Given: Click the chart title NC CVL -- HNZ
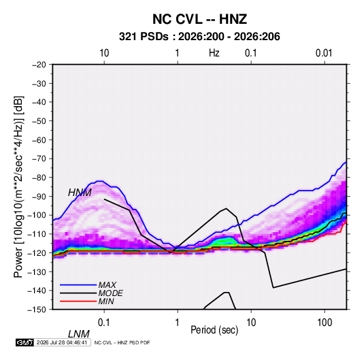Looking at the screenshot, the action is point(199,19).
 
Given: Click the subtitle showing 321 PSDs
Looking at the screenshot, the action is point(199,37).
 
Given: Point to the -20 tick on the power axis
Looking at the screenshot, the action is point(39,65).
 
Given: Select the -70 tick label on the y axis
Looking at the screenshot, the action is point(39,159).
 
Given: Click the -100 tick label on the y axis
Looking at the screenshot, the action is point(37,215).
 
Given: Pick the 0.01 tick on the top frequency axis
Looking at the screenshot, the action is point(324,53).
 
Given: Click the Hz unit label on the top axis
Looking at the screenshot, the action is point(214,53).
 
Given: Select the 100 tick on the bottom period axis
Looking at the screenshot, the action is point(325,323).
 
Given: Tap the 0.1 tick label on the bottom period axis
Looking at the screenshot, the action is point(104,323).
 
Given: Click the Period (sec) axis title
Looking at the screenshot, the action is point(214,330).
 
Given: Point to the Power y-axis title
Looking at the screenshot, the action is point(18,187).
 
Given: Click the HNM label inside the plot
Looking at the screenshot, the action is point(80,193).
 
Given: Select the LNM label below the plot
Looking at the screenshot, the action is point(78,334).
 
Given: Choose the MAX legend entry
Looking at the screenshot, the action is point(107,285).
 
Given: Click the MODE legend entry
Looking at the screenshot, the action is point(110,293).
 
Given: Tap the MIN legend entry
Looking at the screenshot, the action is point(106,301).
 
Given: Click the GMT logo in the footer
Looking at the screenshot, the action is point(24,342).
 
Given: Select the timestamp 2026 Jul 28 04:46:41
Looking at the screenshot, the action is point(62,342).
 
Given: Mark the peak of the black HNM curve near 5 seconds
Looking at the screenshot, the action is point(226,208).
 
